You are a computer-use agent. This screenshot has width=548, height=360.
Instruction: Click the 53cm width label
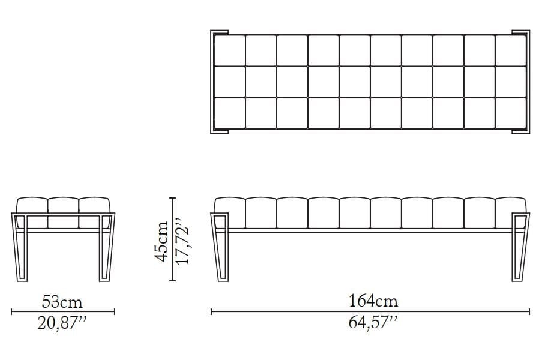62,301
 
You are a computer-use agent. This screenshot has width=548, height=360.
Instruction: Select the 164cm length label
370,301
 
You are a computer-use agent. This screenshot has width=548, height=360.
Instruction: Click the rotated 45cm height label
162,240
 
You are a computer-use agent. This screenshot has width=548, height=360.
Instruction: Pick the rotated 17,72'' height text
183,240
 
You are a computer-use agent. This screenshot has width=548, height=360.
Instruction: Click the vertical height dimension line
172,240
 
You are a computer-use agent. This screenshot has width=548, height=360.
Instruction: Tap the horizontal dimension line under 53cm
62,311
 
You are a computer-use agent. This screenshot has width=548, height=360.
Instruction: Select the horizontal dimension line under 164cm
370,311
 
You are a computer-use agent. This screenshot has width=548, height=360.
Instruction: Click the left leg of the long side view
218,246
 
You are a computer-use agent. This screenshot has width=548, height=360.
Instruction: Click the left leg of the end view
20,246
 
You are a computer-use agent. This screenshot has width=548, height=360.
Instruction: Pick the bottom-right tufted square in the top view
511,113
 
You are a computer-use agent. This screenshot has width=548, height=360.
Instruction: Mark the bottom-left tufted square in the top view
230,113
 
